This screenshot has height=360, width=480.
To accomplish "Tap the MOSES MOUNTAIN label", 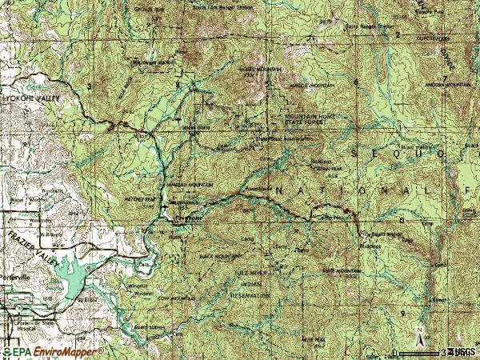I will pyautogui.click(x=261, y=69).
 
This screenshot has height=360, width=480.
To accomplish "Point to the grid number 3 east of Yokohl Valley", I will pyautogui.click(x=90, y=86).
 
